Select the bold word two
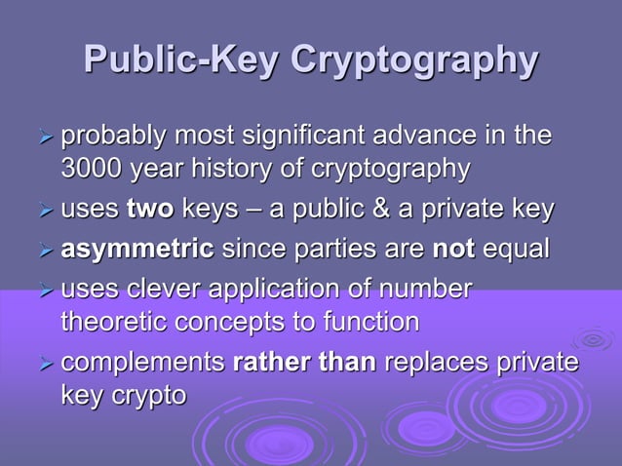coord(145,210)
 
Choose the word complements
coord(143,363)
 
